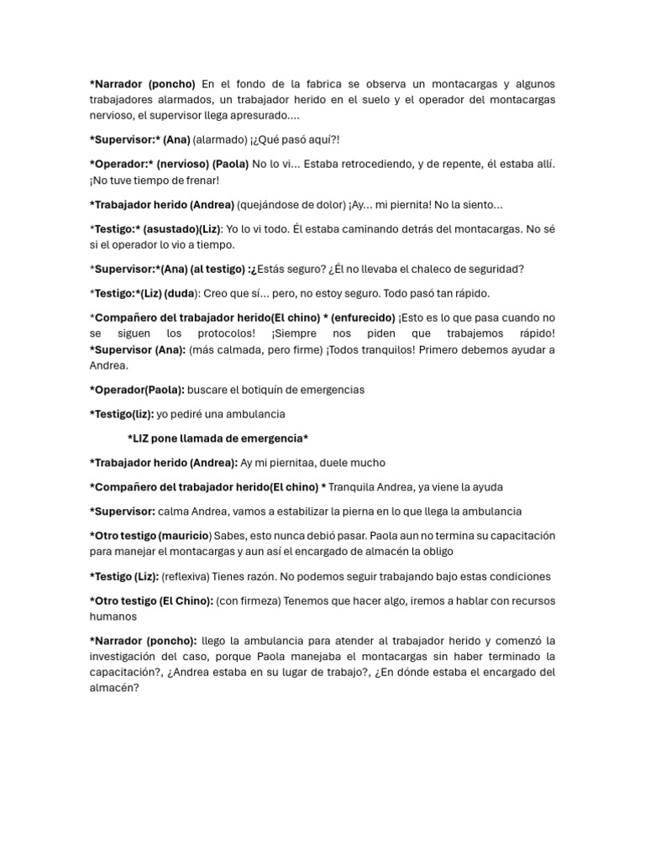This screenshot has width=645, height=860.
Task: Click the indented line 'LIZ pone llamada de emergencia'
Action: [218, 438]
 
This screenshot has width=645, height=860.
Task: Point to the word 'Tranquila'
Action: [353, 487]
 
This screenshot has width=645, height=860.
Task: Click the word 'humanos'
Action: [113, 616]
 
